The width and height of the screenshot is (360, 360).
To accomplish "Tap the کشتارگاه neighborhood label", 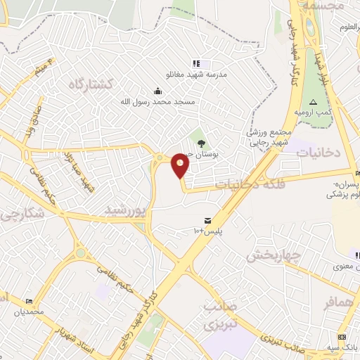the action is pos(91,84).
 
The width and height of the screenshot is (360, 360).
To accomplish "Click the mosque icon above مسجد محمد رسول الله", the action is pos(157,91).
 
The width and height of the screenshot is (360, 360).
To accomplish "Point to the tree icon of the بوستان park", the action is pos(202,143).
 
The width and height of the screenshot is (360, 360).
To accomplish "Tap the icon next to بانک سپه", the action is pos(342,337).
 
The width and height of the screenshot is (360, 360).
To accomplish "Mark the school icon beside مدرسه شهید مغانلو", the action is pos(196,63).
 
